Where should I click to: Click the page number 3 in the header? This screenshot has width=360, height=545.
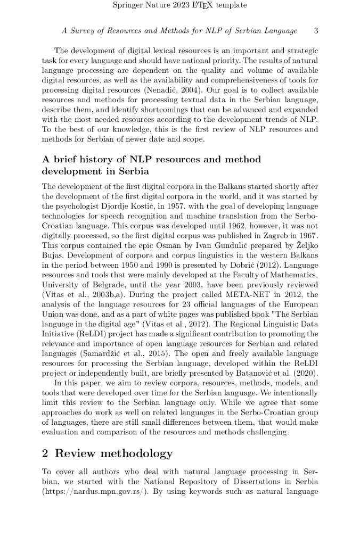tap(316, 31)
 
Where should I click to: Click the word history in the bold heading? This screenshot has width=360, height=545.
tap(91, 160)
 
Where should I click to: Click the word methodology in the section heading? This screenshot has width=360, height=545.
tap(136, 454)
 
